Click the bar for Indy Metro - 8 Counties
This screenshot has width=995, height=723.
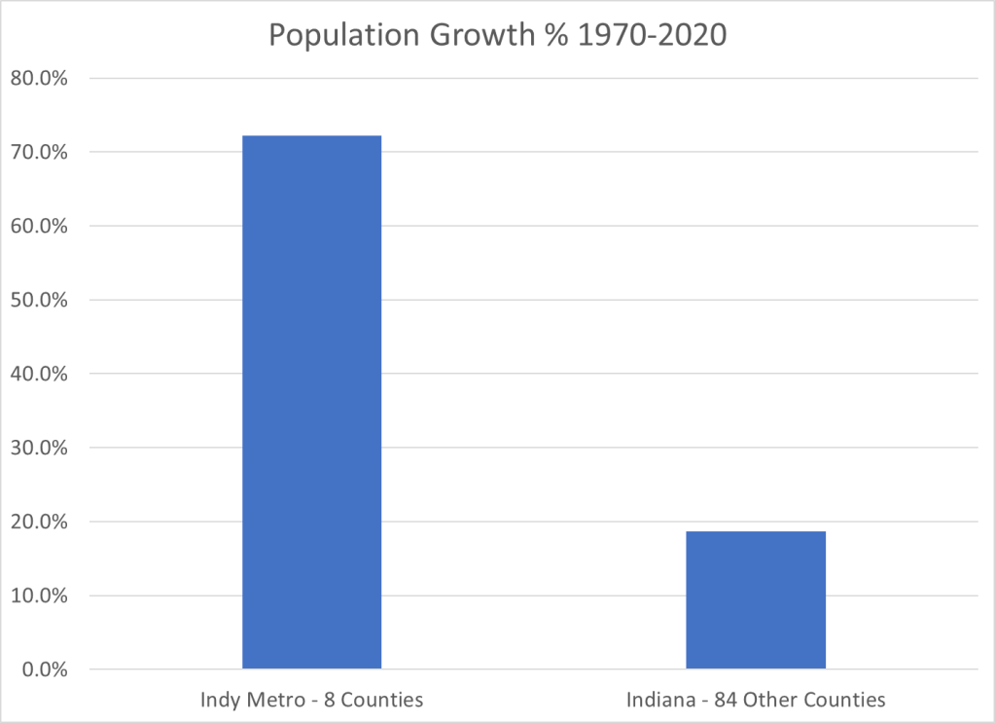coord(311,402)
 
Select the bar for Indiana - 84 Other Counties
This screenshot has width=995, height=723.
coord(756,599)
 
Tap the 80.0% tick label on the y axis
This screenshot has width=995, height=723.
coord(39,79)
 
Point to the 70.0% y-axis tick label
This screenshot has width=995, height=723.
coord(39,153)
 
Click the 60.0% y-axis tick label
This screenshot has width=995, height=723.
coord(39,227)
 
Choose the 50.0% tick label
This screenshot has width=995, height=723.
coord(39,301)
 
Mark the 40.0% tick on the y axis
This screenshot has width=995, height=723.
coord(39,375)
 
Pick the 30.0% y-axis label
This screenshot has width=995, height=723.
coord(39,449)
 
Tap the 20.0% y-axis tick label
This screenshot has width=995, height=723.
coord(39,523)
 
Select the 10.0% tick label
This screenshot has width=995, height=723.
coord(39,596)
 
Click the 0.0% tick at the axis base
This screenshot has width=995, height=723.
coord(44,670)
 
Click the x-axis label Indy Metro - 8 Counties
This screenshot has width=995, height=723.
coord(311,700)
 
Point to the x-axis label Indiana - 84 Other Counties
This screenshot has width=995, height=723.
coord(756,700)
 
